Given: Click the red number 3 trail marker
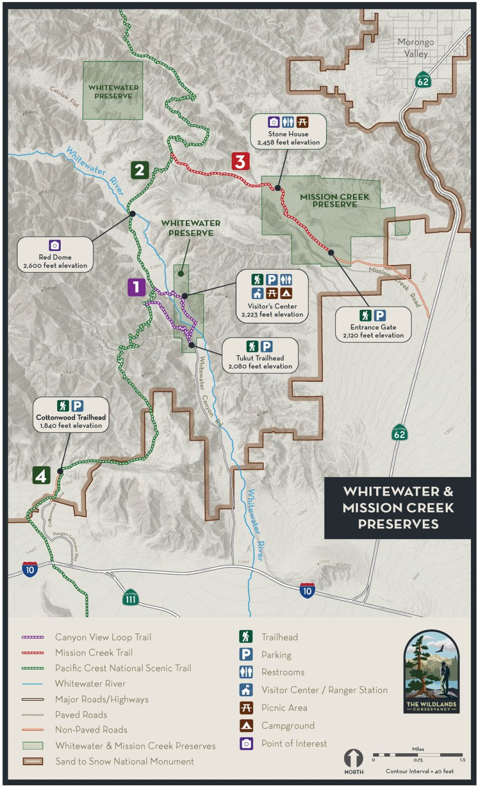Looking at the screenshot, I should [240, 161].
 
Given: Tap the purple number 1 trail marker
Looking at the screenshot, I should [136, 287].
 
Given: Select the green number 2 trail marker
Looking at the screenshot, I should [140, 170].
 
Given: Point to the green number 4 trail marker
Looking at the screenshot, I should [42, 475].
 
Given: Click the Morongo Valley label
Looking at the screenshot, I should [415, 48].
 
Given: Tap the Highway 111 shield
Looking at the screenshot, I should [131, 597].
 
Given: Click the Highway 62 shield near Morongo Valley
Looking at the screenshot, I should [423, 80].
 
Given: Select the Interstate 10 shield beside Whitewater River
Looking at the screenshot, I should [307, 591].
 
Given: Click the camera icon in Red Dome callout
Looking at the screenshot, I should [55, 245].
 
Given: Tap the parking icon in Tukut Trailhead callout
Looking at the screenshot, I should [267, 346].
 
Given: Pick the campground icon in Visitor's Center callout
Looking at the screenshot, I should [286, 293].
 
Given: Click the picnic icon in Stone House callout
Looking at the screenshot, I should [303, 122].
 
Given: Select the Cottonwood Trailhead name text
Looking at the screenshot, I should [71, 417].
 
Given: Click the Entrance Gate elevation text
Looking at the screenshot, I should [373, 335].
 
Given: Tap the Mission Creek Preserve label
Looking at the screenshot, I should [334, 200].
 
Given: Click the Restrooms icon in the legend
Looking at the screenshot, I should [246, 672].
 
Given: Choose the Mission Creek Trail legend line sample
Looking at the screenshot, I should [33, 653].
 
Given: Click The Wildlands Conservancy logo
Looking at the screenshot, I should [431, 672].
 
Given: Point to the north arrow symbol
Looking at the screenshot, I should [353, 758].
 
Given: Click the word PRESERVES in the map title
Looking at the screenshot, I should [398, 524].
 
